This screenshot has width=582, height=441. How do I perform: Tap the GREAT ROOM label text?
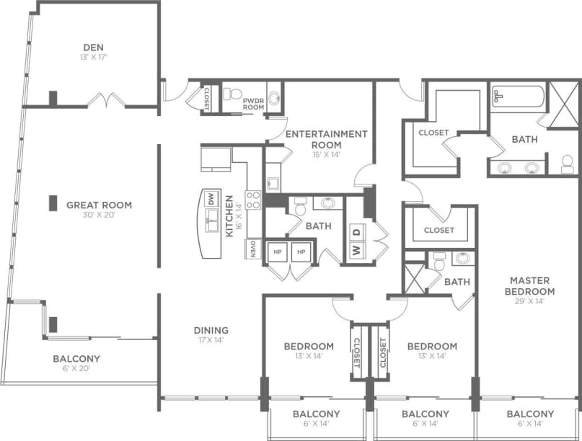[x=99, y=205]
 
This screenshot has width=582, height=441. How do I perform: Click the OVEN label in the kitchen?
[x=253, y=249]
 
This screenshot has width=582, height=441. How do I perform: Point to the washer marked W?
[x=356, y=251]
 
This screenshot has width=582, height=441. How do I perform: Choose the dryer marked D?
[x=356, y=232]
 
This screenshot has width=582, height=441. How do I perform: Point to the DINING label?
[x=211, y=331]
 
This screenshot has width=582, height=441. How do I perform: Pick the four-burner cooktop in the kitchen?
[x=253, y=200]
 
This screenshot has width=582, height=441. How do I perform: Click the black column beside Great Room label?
[x=53, y=203]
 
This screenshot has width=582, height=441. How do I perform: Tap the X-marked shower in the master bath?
[x=564, y=105]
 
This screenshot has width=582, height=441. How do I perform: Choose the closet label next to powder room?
[x=206, y=99]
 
